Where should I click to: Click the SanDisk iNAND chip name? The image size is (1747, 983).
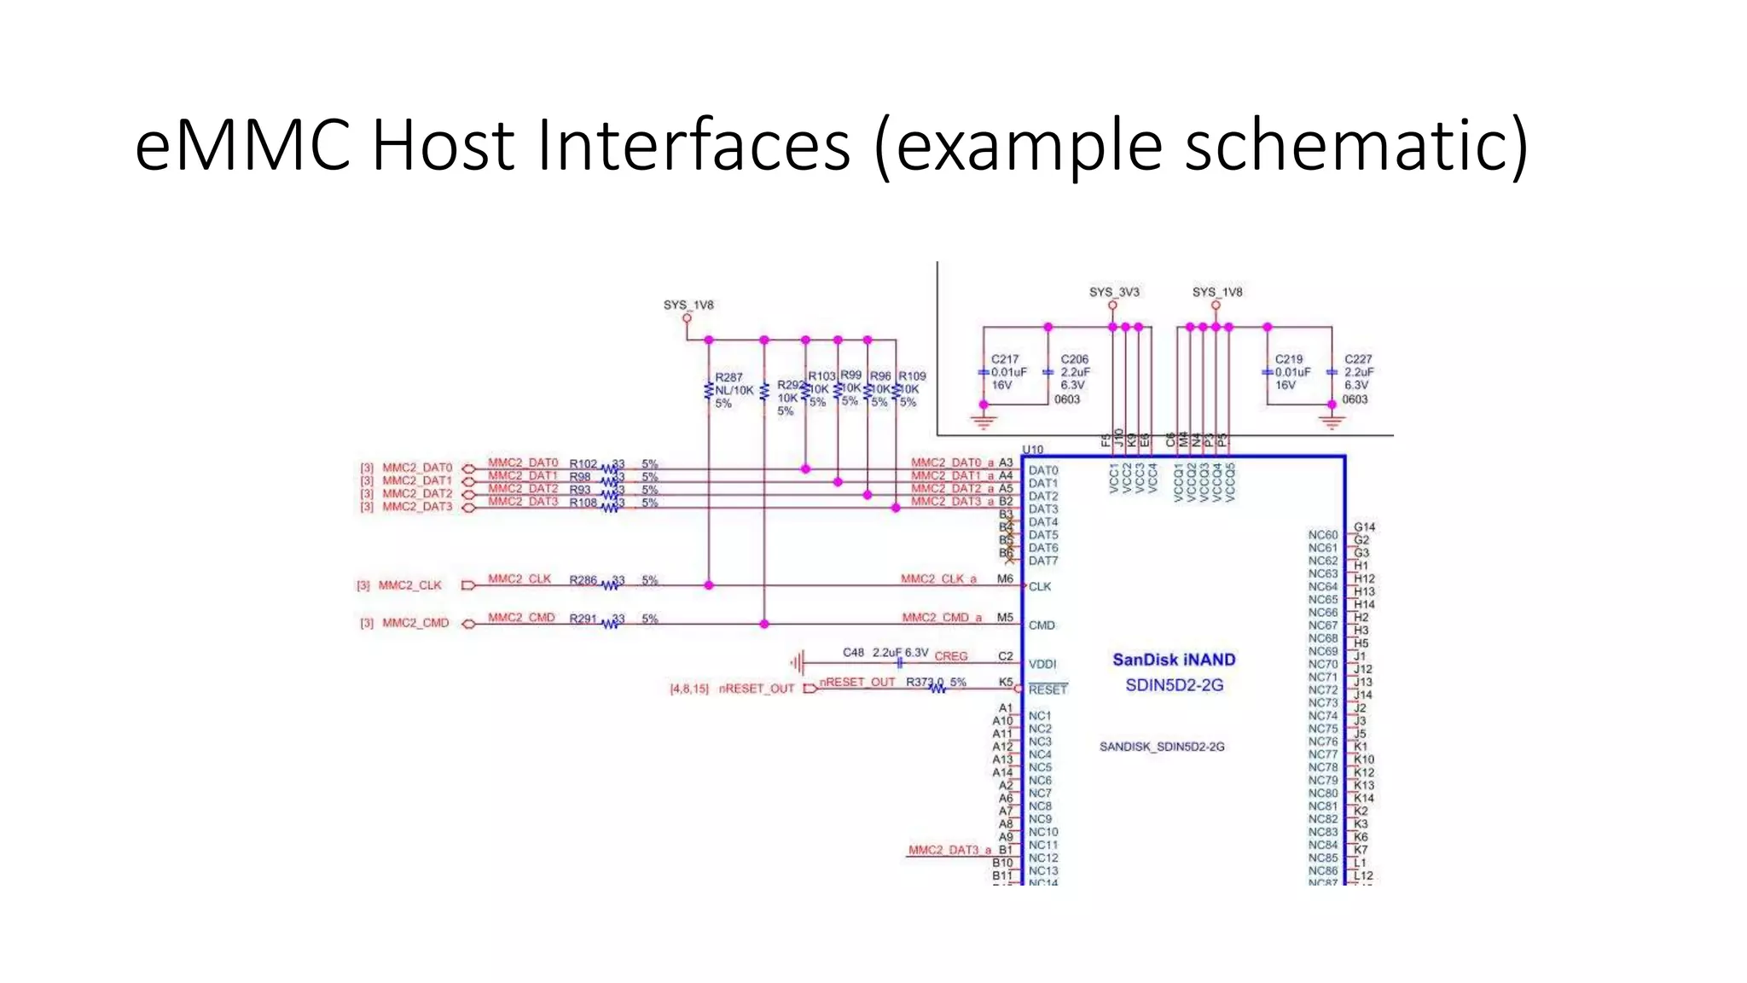point(1174,660)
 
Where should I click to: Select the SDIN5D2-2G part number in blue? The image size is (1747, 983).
point(1174,685)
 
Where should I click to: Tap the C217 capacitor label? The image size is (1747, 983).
point(1005,359)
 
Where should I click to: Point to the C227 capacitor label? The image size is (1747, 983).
point(1358,359)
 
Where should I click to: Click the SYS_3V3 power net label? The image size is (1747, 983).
point(1114,292)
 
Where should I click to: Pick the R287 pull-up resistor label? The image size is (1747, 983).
point(728,376)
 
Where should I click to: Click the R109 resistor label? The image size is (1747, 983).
point(912,375)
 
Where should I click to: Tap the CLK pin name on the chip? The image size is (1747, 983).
point(1040,586)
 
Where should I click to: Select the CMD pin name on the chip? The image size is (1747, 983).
point(1042,625)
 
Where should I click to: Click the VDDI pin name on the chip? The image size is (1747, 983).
point(1042,664)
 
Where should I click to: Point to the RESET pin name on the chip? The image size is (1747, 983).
point(1048,689)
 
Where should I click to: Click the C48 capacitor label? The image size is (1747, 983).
point(853,652)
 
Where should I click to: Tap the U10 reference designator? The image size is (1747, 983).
point(1032,449)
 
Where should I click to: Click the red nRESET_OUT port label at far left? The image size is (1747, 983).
point(757,689)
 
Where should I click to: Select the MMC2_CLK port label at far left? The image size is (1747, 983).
point(410,585)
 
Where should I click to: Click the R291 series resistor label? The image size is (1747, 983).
point(583,618)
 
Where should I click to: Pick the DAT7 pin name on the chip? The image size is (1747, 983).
point(1042,561)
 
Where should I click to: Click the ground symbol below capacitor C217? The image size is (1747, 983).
point(984,422)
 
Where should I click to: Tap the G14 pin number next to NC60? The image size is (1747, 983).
point(1364,526)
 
